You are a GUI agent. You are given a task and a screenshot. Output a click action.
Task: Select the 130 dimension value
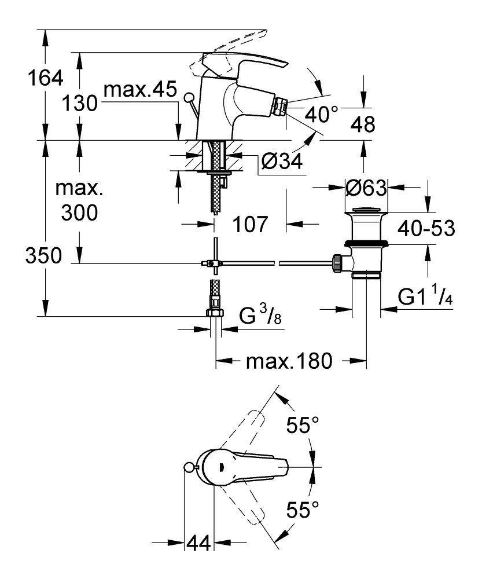[x=79, y=104]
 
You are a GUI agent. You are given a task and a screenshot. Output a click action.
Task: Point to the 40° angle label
[x=321, y=114]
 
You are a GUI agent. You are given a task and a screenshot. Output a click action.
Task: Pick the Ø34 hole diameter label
[x=282, y=162]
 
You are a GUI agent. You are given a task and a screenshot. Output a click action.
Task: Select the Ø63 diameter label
[x=365, y=188]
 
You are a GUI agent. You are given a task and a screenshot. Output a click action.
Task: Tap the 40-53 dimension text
[x=426, y=229]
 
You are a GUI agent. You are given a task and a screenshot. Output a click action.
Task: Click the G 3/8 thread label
[x=260, y=317]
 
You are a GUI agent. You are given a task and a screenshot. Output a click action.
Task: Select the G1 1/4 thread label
[x=425, y=298]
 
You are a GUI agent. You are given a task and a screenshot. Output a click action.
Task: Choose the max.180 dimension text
[x=289, y=362]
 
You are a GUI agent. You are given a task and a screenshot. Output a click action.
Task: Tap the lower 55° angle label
[x=303, y=511]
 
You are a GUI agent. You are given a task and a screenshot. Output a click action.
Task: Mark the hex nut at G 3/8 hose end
[x=215, y=313]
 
